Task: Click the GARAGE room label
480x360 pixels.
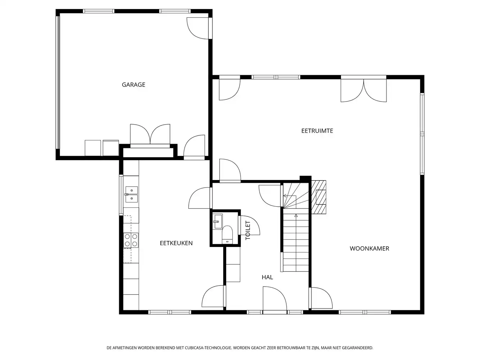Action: (133, 85)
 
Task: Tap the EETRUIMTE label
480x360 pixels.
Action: (317, 131)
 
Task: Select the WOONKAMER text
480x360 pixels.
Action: (369, 248)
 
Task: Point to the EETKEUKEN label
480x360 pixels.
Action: (176, 243)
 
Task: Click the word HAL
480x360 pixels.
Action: (267, 277)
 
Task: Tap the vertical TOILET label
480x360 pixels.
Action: (248, 230)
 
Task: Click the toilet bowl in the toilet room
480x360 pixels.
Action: (227, 234)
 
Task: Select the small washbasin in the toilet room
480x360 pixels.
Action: (218, 221)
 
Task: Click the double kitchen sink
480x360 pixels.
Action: (131, 194)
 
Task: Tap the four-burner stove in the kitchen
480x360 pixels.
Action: (131, 240)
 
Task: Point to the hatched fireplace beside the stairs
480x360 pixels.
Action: (319, 197)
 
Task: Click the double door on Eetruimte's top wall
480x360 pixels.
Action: (363, 89)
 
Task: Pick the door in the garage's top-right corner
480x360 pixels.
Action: (199, 28)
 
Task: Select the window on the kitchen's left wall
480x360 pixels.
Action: (121, 195)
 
